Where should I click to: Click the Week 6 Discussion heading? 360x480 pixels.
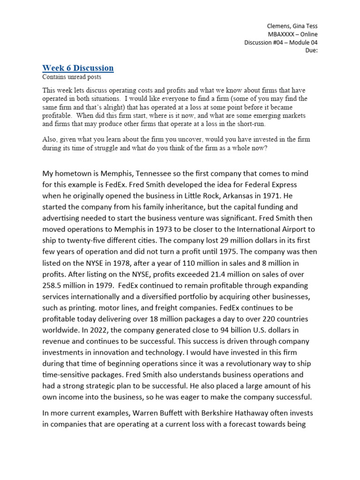tap(78, 68)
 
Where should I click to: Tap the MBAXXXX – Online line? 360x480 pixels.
tap(292, 34)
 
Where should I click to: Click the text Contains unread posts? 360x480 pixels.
tap(71, 77)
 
